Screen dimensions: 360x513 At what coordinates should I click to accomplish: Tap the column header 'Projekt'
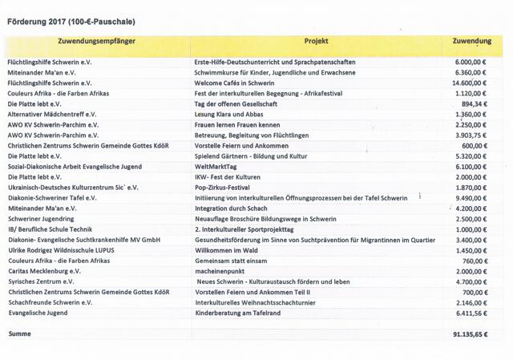click(317, 39)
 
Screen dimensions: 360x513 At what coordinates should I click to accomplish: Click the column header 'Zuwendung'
click(472, 39)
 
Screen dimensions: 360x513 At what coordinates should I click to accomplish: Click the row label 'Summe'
click(20, 333)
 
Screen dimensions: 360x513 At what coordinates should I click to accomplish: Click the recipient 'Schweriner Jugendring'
click(44, 218)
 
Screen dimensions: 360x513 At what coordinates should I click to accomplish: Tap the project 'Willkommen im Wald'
click(226, 250)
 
